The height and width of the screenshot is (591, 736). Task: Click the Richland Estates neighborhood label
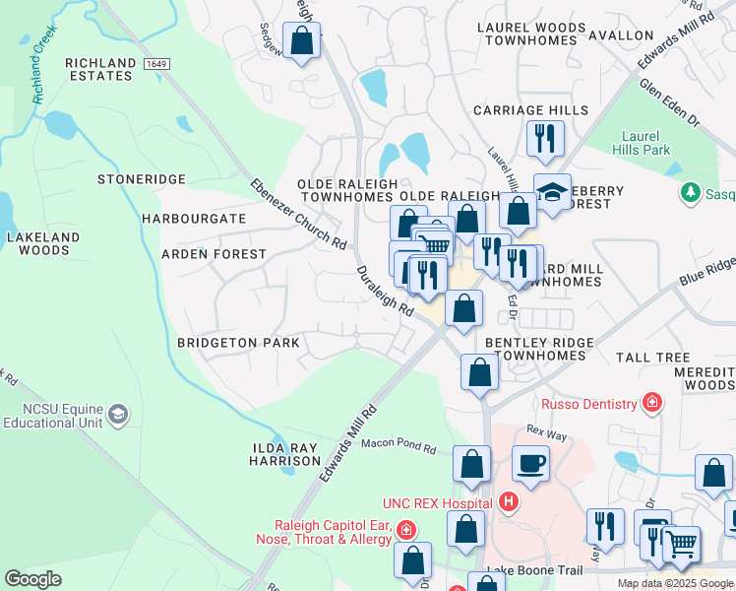100,71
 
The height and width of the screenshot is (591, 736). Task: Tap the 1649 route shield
154,64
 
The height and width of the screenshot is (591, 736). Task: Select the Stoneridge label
142,179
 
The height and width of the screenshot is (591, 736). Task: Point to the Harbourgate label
194,218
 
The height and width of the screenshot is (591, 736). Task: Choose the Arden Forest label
214,254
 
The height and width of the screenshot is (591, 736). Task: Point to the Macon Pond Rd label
398,446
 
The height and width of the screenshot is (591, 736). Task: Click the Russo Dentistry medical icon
650,402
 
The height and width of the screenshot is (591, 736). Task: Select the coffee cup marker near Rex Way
530,463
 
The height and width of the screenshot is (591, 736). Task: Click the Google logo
33,579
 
